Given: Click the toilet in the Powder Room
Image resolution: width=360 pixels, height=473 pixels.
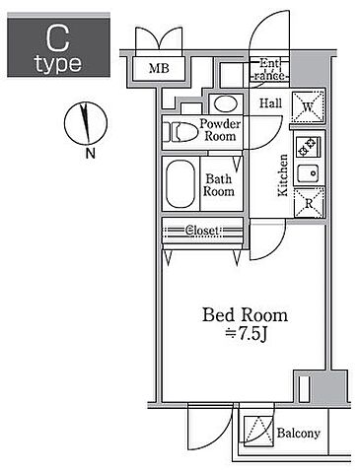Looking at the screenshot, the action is tap(180, 132).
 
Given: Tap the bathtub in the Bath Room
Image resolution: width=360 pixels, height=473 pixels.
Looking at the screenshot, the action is tap(180, 183).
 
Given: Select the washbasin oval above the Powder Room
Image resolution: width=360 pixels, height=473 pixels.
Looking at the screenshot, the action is tap(226, 103).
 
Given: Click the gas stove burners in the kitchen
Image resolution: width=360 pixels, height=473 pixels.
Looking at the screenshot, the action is tap(308, 147).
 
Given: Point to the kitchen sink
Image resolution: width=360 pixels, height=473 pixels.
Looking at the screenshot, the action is tap(308, 172).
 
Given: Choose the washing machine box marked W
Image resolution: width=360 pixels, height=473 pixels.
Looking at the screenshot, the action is tap(308, 107).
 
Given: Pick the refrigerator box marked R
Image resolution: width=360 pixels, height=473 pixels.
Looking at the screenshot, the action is tap(309, 203).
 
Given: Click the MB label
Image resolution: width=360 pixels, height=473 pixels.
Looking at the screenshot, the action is tap(159, 68).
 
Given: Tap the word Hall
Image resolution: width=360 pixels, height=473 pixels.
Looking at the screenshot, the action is tap(270, 103).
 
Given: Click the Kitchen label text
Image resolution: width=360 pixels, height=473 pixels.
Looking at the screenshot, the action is tap(283, 175).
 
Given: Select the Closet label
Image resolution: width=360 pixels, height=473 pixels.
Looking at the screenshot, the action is tap(201, 231).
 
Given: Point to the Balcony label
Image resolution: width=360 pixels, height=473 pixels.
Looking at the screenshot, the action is tap(298, 433).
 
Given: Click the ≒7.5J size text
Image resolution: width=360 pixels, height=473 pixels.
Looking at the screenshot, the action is tap(246, 334).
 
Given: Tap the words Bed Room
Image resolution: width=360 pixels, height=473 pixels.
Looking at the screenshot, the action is tap(245, 315).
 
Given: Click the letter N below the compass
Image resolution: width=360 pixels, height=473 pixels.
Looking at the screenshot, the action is tap(90, 153).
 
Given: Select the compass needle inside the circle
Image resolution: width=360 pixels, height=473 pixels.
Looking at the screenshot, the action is tap(85, 123).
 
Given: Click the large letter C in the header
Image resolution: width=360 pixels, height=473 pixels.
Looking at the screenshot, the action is tap(58, 38).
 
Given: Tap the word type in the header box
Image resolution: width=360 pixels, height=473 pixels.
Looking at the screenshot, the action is tap(58, 63).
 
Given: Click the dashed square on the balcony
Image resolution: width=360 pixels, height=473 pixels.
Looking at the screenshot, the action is tap(258, 432).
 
